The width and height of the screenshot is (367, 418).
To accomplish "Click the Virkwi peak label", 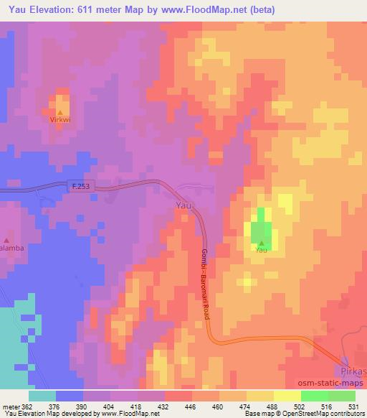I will coord(60,121).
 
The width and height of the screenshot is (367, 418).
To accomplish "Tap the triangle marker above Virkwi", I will coord(60,113).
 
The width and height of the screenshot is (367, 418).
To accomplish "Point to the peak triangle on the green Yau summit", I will coord(261,243).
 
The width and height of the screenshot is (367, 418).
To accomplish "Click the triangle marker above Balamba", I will coord(7,239).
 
